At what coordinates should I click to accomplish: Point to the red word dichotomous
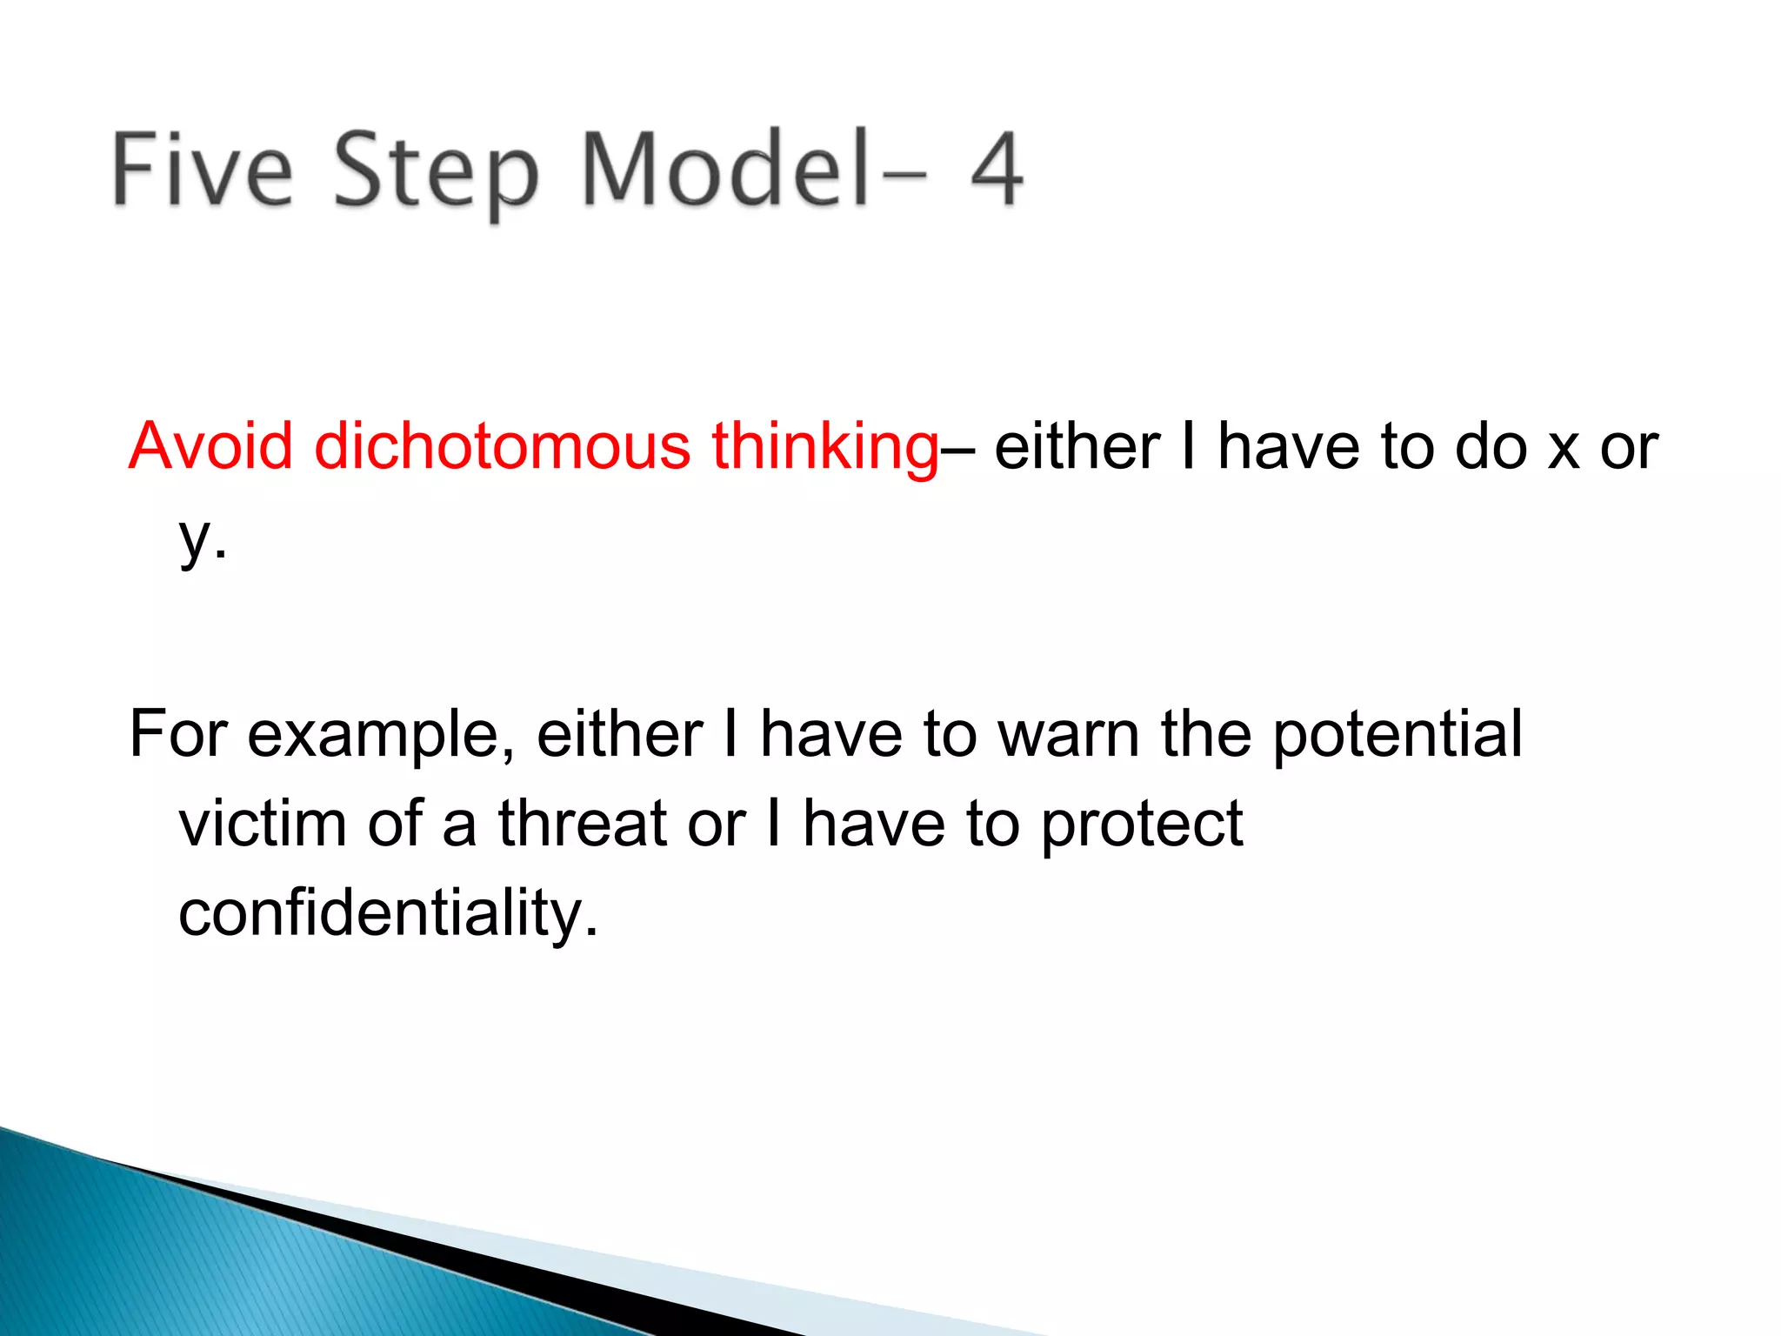[x=502, y=446]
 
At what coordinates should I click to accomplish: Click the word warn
[x=1068, y=735]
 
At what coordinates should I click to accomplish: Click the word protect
[x=1141, y=825]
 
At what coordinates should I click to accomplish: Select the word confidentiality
[x=388, y=914]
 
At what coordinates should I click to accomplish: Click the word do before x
[x=1491, y=447]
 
